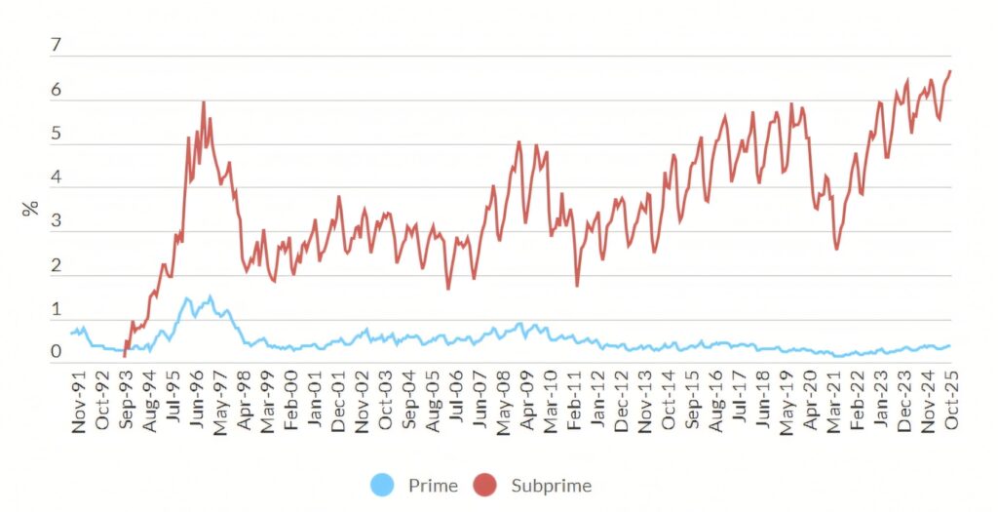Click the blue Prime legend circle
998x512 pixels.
coord(383,485)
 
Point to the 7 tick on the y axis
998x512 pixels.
coord(56,46)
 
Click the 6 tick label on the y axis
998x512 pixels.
coord(56,91)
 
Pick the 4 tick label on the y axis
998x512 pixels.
coord(56,178)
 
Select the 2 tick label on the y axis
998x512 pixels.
coord(56,266)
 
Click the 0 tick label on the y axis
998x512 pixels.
coord(56,352)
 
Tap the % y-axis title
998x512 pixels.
coord(30,209)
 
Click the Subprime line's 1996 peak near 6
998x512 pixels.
coord(203,101)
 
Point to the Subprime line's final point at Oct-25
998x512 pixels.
coord(950,71)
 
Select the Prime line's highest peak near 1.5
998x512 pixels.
coord(210,296)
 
